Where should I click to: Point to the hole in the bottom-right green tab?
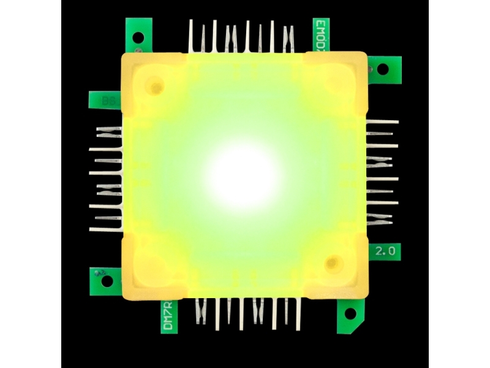pyautogui.click(x=350, y=313)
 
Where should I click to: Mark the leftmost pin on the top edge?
pyautogui.click(x=191, y=37)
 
